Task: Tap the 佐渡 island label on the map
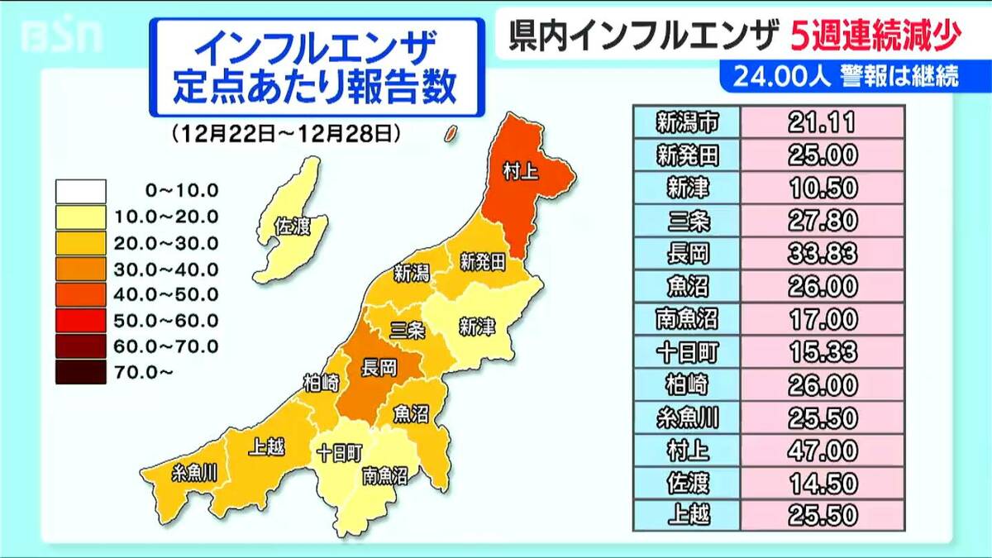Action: (292, 224)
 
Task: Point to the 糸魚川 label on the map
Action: (195, 473)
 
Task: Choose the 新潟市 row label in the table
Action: (686, 122)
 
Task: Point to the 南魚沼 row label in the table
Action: (686, 318)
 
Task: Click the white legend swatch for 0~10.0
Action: (80, 191)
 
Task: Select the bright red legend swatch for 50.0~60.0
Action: (80, 320)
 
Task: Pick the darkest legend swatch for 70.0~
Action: (80, 372)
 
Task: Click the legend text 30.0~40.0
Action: (181, 269)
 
